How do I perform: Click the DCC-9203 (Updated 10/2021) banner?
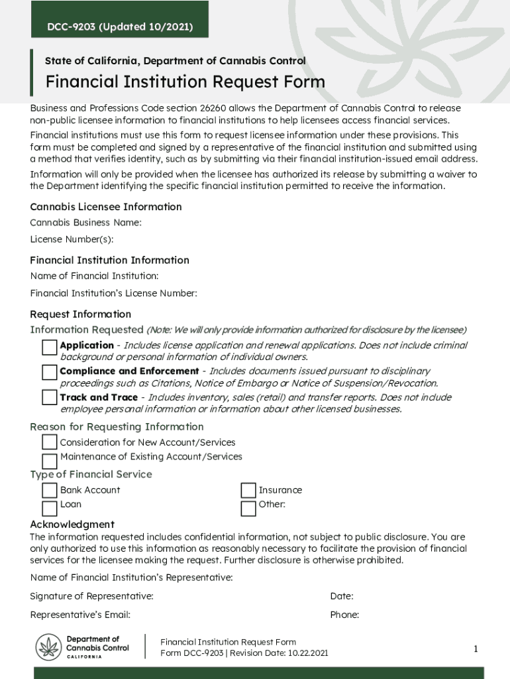point(119,27)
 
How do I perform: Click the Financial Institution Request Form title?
point(185,82)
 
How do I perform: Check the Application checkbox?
point(50,347)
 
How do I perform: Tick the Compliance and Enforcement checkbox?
point(50,373)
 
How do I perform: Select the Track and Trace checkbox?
point(50,398)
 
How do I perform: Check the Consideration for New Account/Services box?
point(50,442)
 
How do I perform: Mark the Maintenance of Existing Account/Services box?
point(50,461)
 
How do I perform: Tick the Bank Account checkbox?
point(50,491)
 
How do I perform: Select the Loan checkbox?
point(50,509)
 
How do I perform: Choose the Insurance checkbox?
point(248,491)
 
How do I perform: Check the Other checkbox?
point(248,509)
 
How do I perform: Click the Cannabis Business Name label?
point(86,223)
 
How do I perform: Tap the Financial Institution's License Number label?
point(114,293)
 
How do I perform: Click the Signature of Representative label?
point(92,596)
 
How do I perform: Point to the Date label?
point(342,596)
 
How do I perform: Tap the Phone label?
point(344,615)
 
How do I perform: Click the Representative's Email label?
point(80,615)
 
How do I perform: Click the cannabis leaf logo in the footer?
point(48,647)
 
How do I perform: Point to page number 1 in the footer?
point(476,649)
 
